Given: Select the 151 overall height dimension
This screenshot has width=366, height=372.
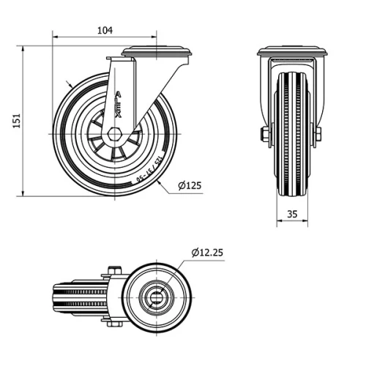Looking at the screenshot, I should [15, 122].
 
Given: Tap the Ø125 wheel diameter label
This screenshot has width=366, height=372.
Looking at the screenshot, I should [188, 186].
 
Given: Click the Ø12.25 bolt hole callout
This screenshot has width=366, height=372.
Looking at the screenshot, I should [207, 253].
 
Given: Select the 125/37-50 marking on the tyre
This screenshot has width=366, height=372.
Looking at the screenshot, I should [146, 169].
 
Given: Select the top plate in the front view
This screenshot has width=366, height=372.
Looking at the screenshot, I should [292, 52].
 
